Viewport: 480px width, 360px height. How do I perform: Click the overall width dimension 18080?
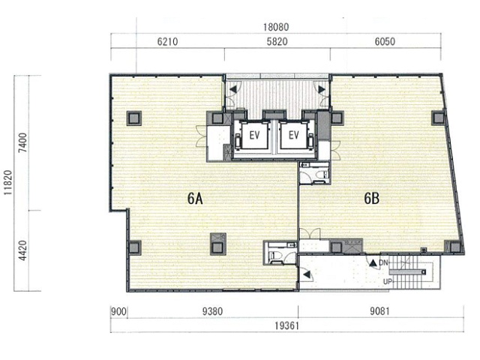[276, 27]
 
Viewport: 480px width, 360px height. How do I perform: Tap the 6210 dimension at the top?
[167, 42]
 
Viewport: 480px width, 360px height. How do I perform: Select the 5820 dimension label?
[277, 42]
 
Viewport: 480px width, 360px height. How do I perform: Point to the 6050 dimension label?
[385, 42]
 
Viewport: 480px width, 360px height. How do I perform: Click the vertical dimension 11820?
[7, 183]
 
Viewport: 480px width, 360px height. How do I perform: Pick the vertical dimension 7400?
[22, 143]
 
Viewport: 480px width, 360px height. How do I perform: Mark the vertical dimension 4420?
[22, 250]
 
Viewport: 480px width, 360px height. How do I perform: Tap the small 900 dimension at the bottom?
[118, 312]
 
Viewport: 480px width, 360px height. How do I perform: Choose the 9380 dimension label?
[212, 312]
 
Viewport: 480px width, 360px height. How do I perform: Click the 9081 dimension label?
[379, 311]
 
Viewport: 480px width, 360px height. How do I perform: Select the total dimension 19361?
[286, 326]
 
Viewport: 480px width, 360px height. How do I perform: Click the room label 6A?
[195, 199]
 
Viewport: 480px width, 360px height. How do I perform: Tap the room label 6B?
[372, 199]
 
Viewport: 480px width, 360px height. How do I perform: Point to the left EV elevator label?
[254, 135]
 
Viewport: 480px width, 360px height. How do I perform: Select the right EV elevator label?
[293, 135]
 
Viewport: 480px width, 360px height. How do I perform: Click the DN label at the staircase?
[383, 262]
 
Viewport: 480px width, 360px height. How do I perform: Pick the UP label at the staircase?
[387, 281]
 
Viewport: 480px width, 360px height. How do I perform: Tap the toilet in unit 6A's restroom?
[274, 256]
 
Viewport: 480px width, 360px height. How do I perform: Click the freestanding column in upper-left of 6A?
[134, 118]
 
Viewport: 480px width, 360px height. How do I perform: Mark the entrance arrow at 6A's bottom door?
[306, 275]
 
